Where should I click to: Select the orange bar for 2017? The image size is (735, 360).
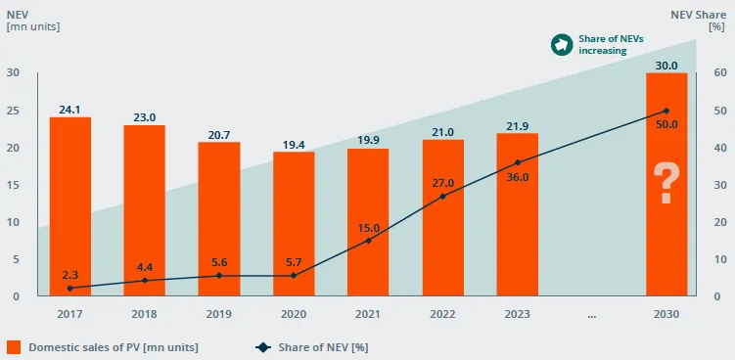(x=70, y=206)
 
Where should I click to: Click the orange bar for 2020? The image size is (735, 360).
(x=294, y=224)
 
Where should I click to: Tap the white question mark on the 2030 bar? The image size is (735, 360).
(x=666, y=183)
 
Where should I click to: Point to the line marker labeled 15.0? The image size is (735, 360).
(x=368, y=241)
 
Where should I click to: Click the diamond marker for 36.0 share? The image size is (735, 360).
(x=518, y=162)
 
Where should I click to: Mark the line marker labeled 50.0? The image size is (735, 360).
(x=666, y=111)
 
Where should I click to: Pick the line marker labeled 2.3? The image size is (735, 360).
(x=70, y=289)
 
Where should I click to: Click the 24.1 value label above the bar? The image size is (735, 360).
(x=69, y=110)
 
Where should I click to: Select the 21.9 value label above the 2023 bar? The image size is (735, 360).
(x=518, y=125)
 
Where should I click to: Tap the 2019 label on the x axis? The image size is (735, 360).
(x=219, y=314)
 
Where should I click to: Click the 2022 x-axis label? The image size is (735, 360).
(x=443, y=314)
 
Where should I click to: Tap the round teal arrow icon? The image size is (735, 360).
(x=562, y=45)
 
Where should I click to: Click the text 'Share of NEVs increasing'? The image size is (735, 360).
(x=612, y=45)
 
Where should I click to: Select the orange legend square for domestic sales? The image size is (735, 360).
(x=14, y=347)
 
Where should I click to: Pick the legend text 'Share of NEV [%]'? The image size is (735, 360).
(x=323, y=347)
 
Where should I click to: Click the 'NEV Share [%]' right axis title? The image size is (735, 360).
(x=699, y=21)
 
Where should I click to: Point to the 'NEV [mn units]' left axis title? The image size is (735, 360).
(x=33, y=21)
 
